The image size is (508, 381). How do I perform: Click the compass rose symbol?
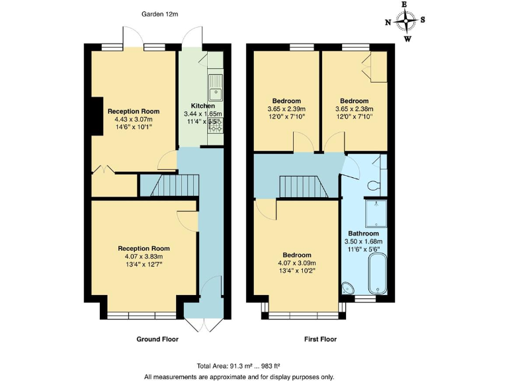pos(405,21)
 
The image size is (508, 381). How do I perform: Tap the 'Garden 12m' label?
pos(160,13)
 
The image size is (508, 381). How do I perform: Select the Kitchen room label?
pos(203,106)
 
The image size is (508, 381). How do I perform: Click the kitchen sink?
pos(216,83)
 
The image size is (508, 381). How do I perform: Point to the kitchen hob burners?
pos(215,124)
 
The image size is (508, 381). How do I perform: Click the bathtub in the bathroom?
pos(378,273)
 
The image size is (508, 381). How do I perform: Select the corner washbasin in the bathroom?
pos(349,287)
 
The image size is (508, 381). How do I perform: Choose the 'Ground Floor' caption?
pos(157,339)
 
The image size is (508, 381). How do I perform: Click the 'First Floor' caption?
pos(320,339)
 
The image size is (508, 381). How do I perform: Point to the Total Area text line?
pos(253,366)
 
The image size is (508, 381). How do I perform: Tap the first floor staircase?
pos(303,187)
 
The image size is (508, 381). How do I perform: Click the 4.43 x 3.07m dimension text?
pos(134,120)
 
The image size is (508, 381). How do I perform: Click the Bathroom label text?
pos(364,233)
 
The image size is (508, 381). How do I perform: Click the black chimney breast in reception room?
pos(97,116)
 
